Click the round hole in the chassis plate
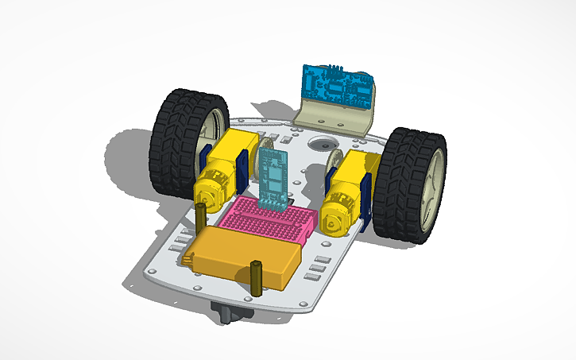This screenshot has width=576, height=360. [322, 145]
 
